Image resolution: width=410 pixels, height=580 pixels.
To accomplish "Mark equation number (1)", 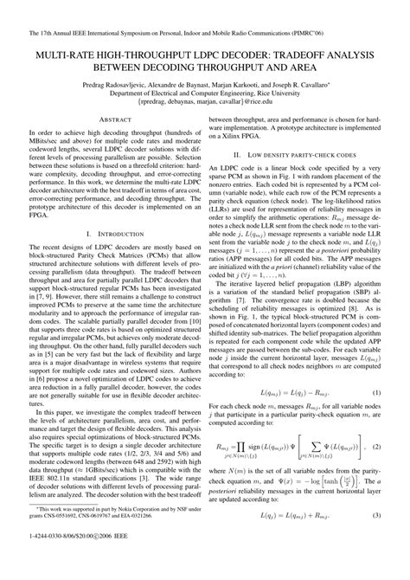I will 376,417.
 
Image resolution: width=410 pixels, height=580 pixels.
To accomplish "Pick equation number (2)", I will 376,471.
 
